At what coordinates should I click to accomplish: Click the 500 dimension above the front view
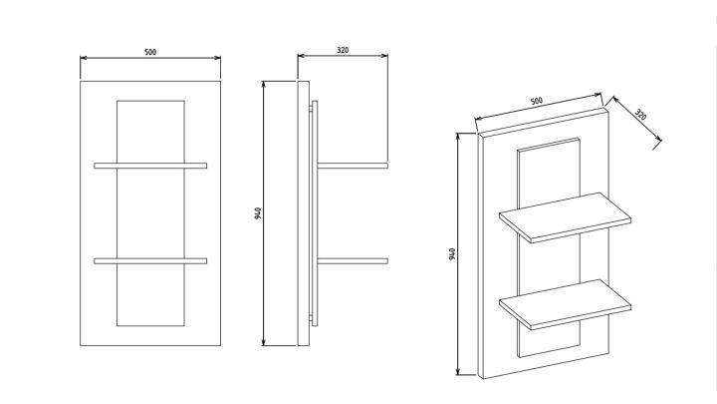coord(150,52)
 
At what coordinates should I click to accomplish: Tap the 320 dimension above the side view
coord(343,50)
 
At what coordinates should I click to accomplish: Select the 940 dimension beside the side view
coord(258,213)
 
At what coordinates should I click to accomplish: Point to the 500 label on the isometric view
coord(537,101)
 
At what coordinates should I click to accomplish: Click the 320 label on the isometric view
coord(640,115)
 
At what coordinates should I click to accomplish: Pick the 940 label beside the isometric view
coord(452,254)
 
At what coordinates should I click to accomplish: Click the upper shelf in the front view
coord(150,166)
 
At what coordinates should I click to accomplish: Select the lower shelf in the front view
coord(150,261)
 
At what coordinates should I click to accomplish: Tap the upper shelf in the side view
coord(353,166)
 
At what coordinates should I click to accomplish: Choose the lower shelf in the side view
coord(353,261)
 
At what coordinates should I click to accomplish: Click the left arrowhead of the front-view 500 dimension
coord(84,58)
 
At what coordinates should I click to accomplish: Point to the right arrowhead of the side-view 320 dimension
coord(385,56)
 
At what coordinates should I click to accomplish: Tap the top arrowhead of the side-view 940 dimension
coord(263,85)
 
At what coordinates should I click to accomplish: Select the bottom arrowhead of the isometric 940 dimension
coord(458,371)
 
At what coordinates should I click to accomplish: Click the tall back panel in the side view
coord(303,213)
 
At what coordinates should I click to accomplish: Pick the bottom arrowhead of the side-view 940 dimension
coord(263,342)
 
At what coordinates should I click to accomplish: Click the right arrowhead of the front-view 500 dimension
coord(217,58)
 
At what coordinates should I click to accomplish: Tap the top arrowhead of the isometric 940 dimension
coord(458,137)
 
